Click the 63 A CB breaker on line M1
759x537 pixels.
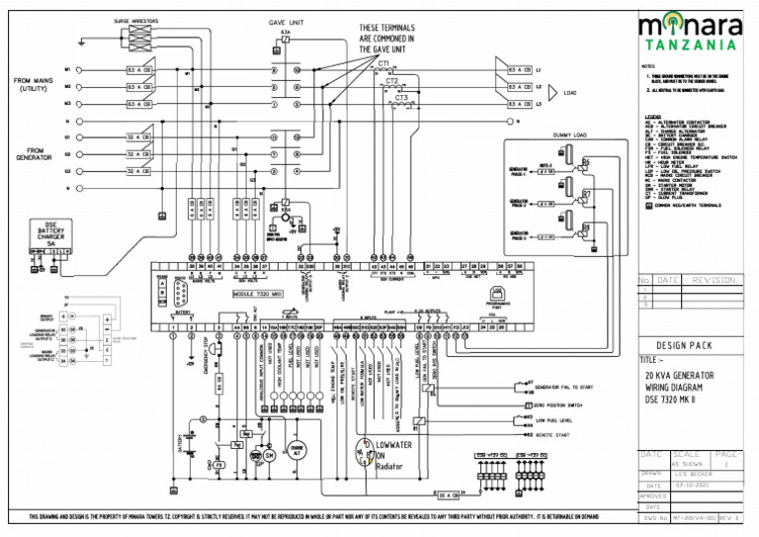coord(137,71)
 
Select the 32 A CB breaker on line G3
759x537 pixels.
coord(137,171)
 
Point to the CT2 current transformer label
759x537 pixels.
coord(391,80)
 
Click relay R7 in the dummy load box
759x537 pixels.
coord(586,194)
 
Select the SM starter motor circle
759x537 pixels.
coord(266,455)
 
